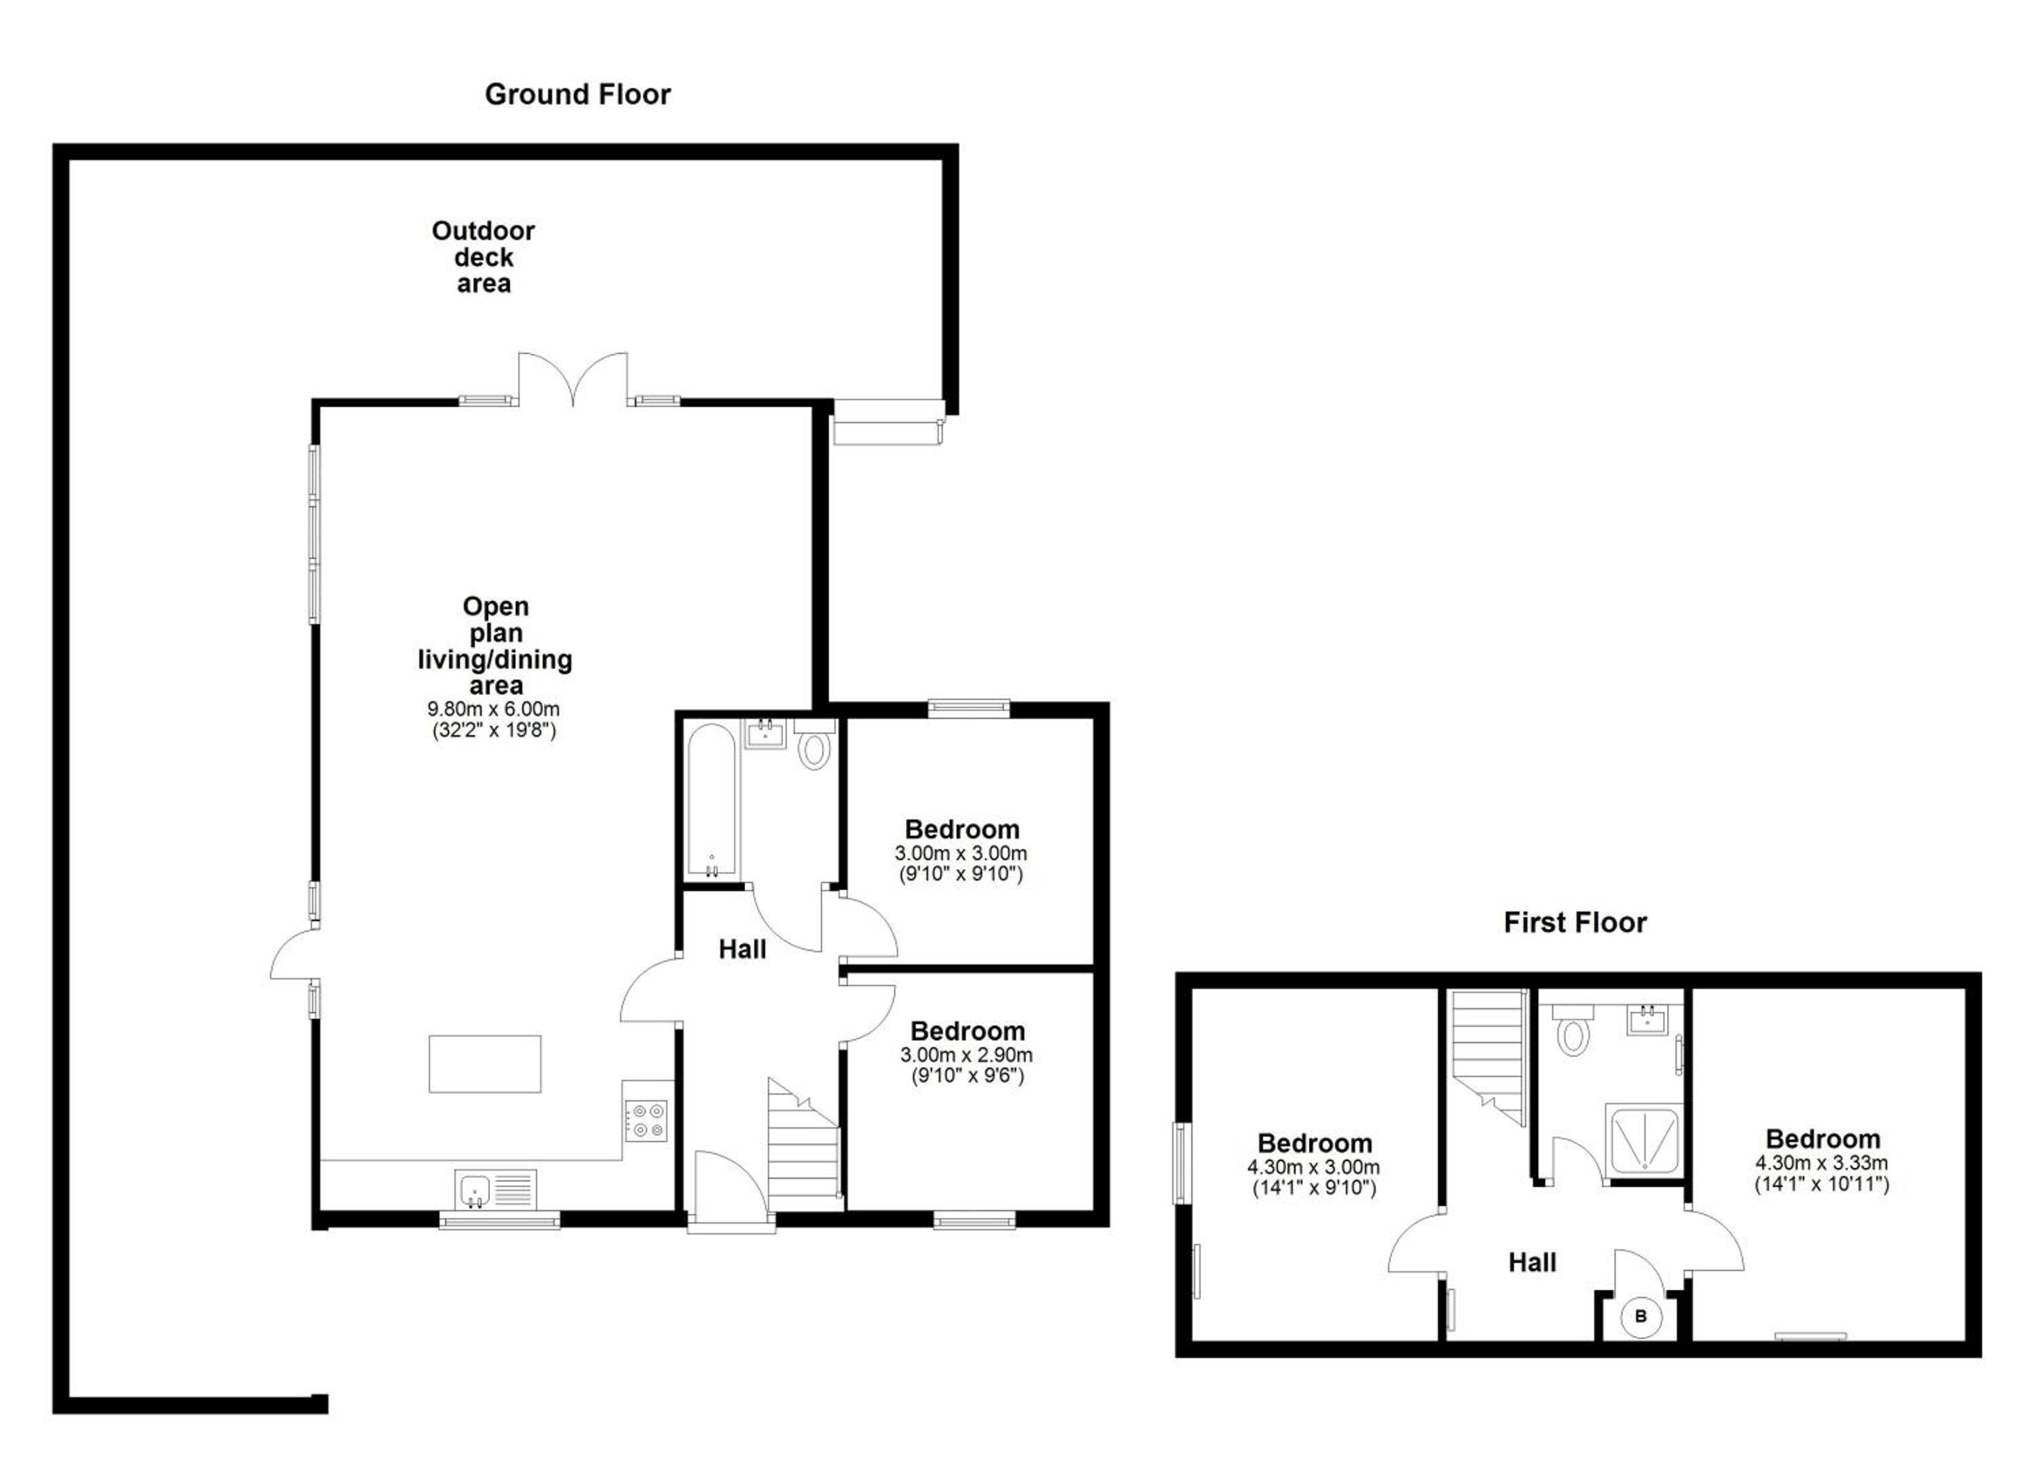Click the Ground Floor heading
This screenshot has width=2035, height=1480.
click(577, 94)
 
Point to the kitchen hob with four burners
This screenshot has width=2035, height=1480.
click(646, 1121)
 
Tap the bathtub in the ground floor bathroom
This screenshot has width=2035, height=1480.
click(712, 800)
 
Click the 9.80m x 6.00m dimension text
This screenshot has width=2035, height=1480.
click(494, 709)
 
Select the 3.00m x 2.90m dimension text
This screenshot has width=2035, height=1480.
click(967, 1055)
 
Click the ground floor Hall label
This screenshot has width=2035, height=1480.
click(742, 949)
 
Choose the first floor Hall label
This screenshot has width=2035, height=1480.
click(1532, 1263)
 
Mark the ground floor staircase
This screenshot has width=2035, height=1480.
click(804, 1146)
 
